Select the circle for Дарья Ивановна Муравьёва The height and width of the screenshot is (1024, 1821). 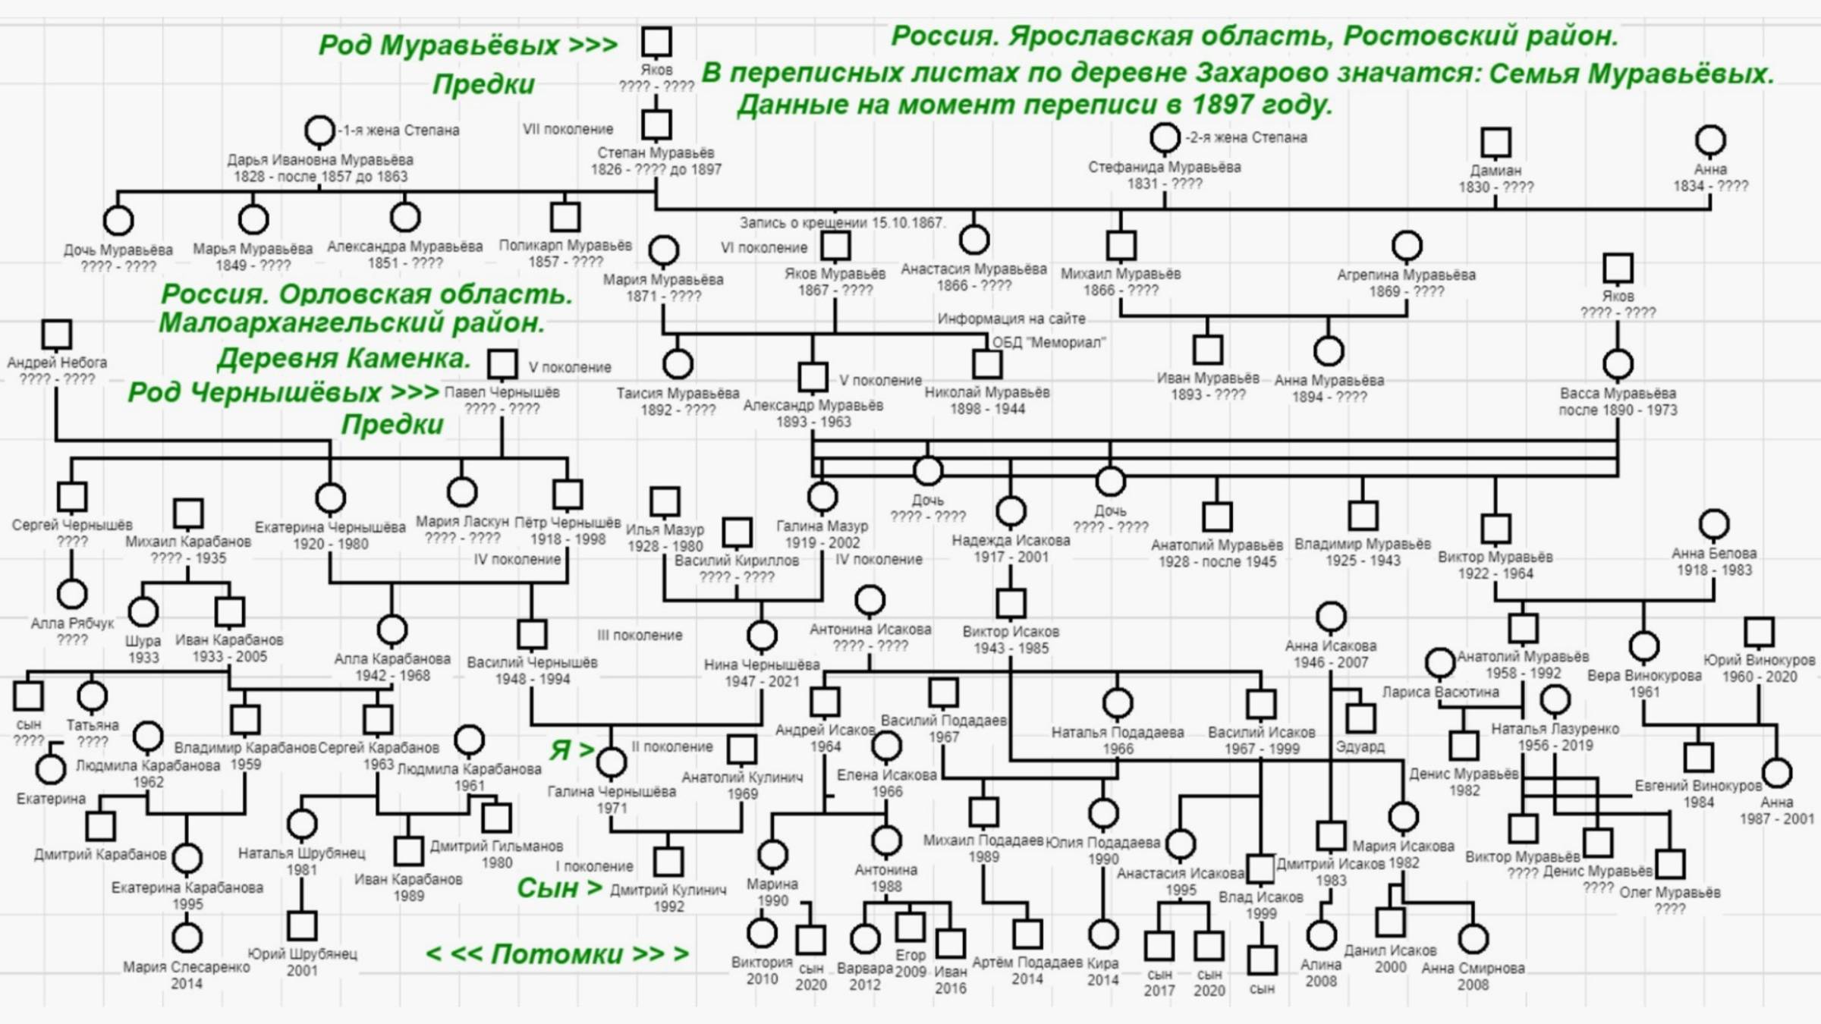pos(319,130)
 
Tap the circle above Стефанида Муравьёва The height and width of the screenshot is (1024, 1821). pos(1165,138)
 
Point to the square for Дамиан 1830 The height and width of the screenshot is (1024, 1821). pos(1495,142)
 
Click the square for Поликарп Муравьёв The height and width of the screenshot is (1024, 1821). pos(565,216)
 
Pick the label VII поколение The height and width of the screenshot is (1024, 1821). pos(568,129)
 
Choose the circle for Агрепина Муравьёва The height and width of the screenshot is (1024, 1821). pos(1407,246)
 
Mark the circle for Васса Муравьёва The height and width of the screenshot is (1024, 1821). pos(1618,364)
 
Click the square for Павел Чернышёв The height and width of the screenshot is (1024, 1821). pos(502,364)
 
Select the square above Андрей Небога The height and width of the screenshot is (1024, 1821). pos(57,334)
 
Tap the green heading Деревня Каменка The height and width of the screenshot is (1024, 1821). pos(344,358)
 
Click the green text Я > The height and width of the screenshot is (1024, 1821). pos(571,749)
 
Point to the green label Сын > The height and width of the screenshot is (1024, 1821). pos(559,887)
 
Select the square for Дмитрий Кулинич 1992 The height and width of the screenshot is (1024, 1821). pos(668,862)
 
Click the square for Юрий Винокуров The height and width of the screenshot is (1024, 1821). pos(1759,631)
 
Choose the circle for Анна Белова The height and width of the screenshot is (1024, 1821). pos(1714,524)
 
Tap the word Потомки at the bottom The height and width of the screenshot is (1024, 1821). pos(557,953)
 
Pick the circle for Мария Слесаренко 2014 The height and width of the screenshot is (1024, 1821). pos(187,938)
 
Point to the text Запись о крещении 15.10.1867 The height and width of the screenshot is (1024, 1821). pos(842,223)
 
